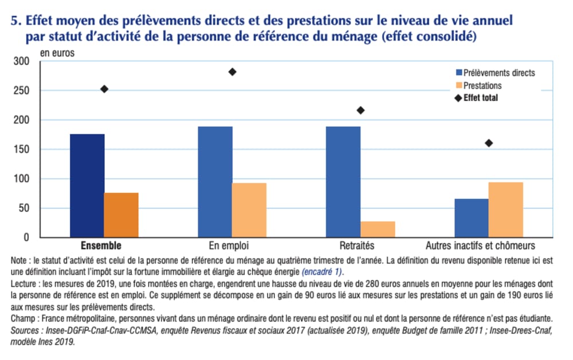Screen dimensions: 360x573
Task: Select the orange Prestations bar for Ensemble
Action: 121,214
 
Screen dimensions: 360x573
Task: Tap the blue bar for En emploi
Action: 215,181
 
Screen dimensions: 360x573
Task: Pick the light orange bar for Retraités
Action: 377,229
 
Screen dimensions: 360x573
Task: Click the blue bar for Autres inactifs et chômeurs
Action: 471,217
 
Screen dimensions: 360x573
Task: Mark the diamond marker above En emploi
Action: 232,72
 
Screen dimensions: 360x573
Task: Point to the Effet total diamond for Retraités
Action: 360,110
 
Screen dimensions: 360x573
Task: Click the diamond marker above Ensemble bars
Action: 104,89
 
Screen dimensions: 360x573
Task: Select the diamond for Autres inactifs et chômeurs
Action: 489,143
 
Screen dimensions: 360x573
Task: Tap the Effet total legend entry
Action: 480,98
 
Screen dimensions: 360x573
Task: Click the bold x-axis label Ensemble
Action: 101,246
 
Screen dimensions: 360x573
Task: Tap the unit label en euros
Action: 57,52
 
